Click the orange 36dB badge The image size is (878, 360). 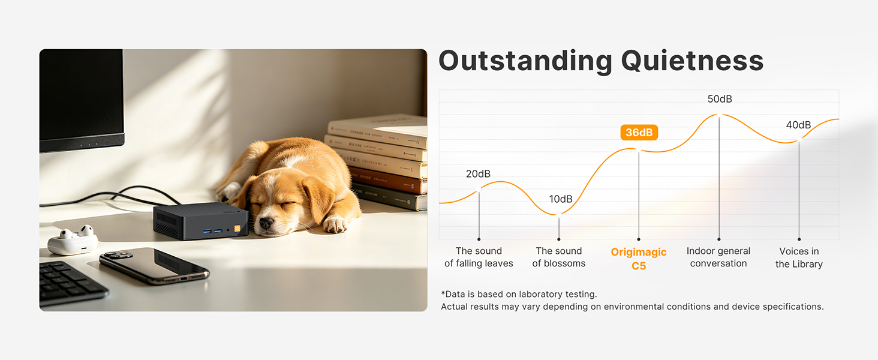coord(639,133)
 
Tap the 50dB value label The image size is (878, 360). coord(720,99)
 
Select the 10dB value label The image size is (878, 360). coord(561,199)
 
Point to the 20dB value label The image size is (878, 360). coord(478,174)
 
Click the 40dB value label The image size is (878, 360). coord(798,125)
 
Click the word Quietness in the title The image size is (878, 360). coord(692,61)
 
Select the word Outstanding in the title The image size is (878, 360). coord(525,61)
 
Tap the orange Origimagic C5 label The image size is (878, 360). coord(639,259)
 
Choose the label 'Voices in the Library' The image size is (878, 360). coord(799,257)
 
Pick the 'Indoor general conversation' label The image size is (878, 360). coord(718,257)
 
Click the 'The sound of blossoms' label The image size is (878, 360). coord(558,257)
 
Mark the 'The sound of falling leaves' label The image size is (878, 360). coord(479,257)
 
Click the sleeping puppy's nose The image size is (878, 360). coord(266,223)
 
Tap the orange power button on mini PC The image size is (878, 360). coord(237,229)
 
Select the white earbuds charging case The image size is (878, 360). coord(73,240)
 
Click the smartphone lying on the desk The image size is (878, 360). coord(154,266)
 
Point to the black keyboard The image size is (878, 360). coord(71,283)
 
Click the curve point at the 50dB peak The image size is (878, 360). coord(719,115)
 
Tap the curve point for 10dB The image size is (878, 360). coord(558,215)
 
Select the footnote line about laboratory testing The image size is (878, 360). coord(519,294)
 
